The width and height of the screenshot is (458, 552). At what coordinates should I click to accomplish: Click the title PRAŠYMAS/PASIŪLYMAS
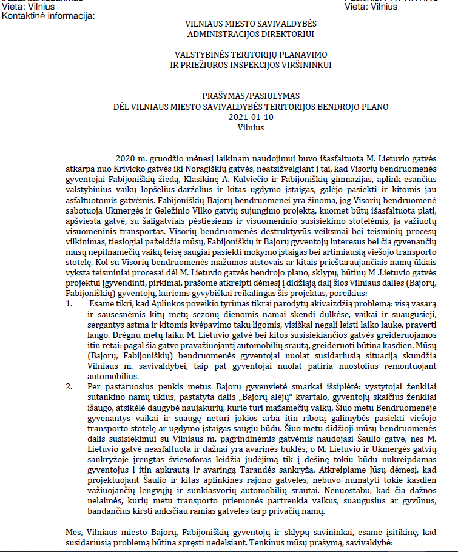251,96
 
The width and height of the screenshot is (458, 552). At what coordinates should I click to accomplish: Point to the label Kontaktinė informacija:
49,15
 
